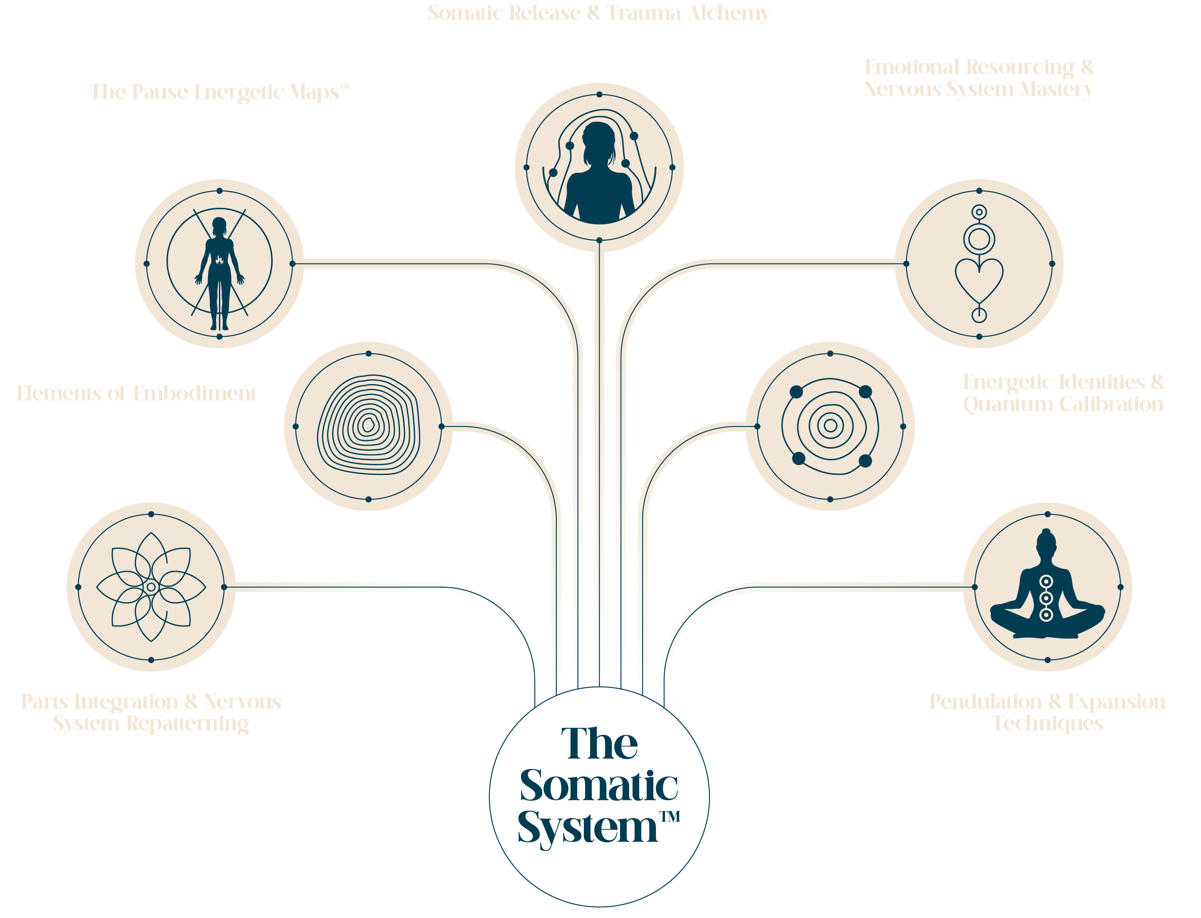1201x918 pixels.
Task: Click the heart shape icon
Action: [979, 278]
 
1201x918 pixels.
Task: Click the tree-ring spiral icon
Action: [369, 425]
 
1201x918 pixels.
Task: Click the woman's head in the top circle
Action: [599, 139]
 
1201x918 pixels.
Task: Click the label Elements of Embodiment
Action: [136, 393]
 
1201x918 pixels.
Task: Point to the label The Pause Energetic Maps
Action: [218, 92]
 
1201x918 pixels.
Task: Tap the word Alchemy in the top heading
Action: [728, 13]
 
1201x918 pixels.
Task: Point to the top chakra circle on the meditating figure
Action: [1046, 581]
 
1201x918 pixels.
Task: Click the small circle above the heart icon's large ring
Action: [979, 212]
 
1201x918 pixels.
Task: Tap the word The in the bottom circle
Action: [599, 744]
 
